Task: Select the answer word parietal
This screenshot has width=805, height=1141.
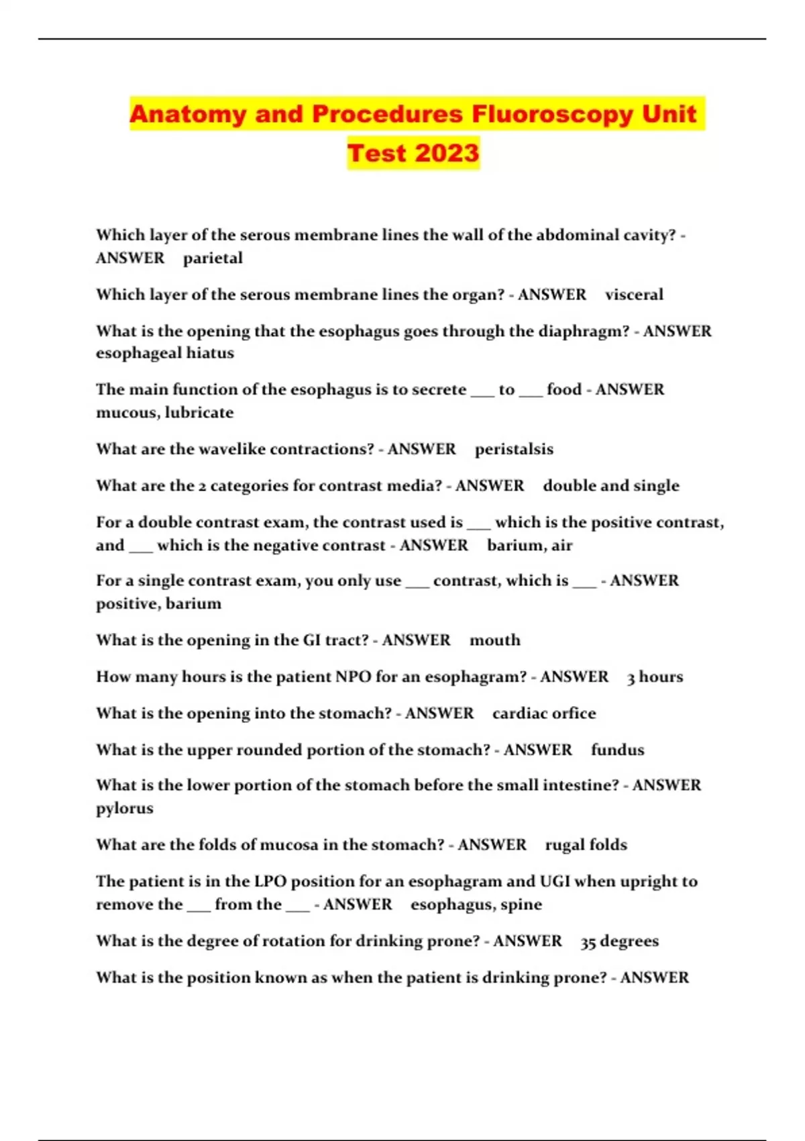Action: coord(213,258)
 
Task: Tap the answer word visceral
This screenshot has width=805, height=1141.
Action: coord(634,295)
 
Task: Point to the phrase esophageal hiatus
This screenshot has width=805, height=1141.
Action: coord(165,353)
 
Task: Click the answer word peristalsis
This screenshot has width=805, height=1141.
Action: coord(514,449)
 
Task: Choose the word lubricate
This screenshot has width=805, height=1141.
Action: coord(199,412)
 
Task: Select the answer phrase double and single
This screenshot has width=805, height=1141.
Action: coord(610,485)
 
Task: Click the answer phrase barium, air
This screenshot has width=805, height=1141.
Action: coord(529,545)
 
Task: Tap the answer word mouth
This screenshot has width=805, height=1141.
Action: coord(494,640)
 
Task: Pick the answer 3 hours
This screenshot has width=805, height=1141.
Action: coord(655,677)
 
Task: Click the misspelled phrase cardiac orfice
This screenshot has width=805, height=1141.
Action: coord(543,713)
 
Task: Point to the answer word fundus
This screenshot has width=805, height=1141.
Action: coord(617,750)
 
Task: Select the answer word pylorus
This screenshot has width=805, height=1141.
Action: coord(125,808)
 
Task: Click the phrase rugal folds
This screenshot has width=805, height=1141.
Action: coord(586,844)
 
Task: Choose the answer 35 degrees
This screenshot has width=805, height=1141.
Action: coord(619,941)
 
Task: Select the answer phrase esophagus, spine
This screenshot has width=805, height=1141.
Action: coord(476,905)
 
